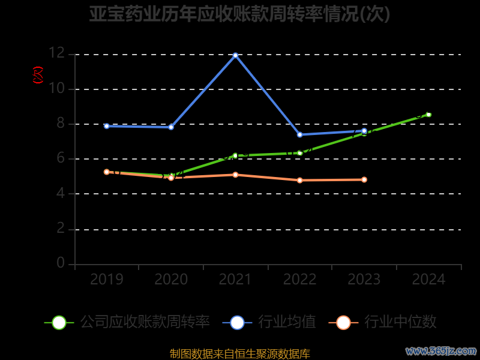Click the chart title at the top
click(x=240, y=14)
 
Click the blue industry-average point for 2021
click(x=235, y=55)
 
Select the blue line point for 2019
click(x=107, y=126)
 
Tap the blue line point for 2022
click(x=300, y=134)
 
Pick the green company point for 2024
click(x=428, y=114)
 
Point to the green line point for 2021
click(x=235, y=155)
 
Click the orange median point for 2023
click(x=364, y=179)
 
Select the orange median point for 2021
click(x=235, y=175)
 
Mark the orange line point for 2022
click(x=300, y=180)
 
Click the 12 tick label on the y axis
click(x=56, y=53)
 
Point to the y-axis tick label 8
click(x=61, y=124)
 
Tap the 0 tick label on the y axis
click(x=61, y=263)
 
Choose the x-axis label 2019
click(x=107, y=279)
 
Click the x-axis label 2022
click(x=300, y=279)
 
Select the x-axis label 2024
click(x=428, y=279)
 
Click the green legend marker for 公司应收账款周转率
click(x=59, y=322)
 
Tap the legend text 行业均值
click(x=287, y=322)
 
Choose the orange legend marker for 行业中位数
click(x=343, y=322)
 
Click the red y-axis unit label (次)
click(x=38, y=75)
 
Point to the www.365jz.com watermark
click(x=441, y=350)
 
